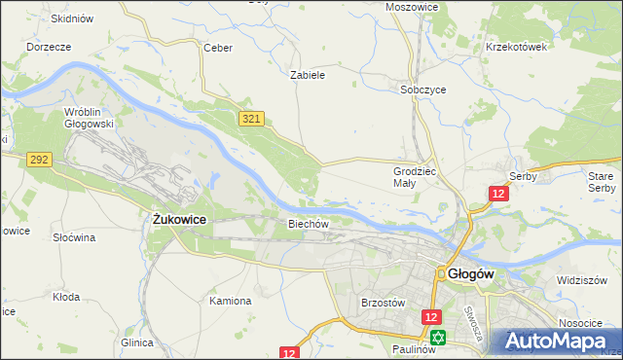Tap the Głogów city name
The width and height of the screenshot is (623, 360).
coord(472,274)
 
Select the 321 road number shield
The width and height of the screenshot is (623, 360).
coord(251,118)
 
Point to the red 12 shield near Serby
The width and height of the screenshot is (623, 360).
coord(498,195)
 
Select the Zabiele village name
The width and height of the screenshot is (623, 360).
coord(308,74)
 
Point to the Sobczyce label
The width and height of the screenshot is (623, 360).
coord(423,89)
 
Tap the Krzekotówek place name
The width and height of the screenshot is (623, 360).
coord(517,47)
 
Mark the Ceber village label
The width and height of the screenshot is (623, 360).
coord(216,47)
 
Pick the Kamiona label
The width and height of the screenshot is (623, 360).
coord(231,301)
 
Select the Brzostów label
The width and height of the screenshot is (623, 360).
coord(383,303)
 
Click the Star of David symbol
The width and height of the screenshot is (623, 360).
coord(438,338)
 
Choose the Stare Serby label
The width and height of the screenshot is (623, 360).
coord(601,181)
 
